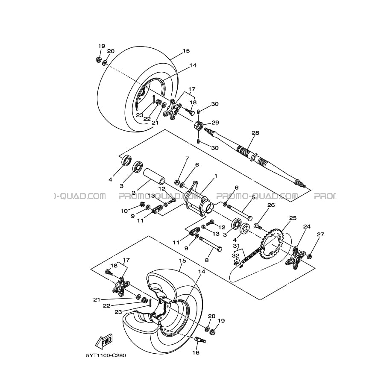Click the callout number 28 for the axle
pyautogui.click(x=255, y=133)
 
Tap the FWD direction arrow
pyautogui.click(x=103, y=342)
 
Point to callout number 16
pyautogui.click(x=196, y=352)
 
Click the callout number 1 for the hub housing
pyautogui.click(x=216, y=176)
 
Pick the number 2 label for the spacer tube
pyautogui.click(x=122, y=193)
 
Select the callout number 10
pyautogui.click(x=124, y=211)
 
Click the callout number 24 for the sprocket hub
pyautogui.click(x=307, y=226)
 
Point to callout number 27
pyautogui.click(x=320, y=234)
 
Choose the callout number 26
pyautogui.click(x=270, y=205)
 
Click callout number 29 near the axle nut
pyautogui.click(x=215, y=123)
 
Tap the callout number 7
pyautogui.click(x=187, y=158)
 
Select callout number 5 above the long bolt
pyautogui.click(x=253, y=197)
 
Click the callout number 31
pyautogui.click(x=236, y=246)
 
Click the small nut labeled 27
pyautogui.click(x=310, y=256)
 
